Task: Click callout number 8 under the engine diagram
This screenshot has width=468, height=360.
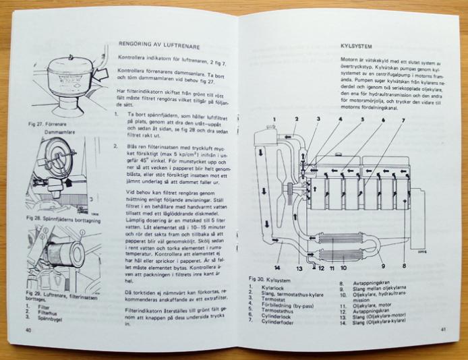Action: click(x=403, y=256)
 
